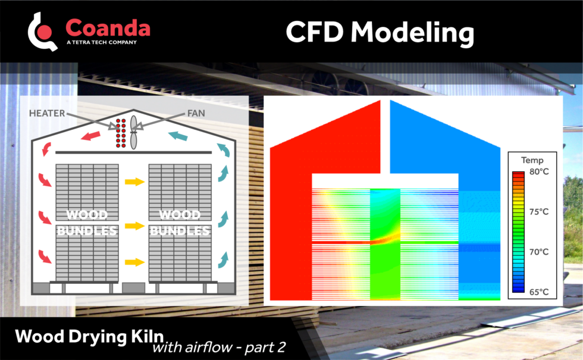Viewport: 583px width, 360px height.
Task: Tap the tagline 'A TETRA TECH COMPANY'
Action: (x=101, y=43)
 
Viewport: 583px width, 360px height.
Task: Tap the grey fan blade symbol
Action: (x=134, y=133)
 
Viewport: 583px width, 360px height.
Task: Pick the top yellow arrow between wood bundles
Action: (x=135, y=181)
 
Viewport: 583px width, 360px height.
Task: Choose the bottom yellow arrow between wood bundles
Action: (x=135, y=262)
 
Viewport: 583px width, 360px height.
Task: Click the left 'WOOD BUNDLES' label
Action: (x=87, y=222)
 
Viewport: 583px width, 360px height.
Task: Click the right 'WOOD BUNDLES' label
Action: (x=180, y=222)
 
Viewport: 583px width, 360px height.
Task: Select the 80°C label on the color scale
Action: (x=540, y=172)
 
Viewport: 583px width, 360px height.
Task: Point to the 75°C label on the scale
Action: (x=540, y=212)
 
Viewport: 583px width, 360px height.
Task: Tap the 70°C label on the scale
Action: (x=540, y=252)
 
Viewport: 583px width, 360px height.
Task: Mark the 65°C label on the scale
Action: (x=540, y=292)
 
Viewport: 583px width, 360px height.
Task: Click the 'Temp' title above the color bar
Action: (x=532, y=160)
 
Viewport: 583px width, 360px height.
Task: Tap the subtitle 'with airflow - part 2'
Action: (x=219, y=348)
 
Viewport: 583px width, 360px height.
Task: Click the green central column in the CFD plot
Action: (x=385, y=262)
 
